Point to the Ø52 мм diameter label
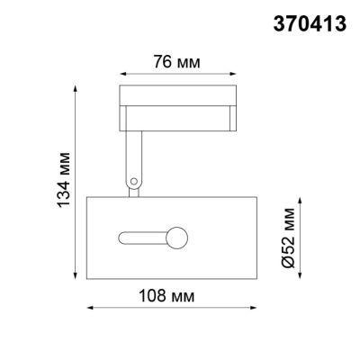pyautogui.click(x=287, y=237)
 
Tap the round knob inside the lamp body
pyautogui.click(x=177, y=238)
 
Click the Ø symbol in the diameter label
pyautogui.click(x=287, y=261)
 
